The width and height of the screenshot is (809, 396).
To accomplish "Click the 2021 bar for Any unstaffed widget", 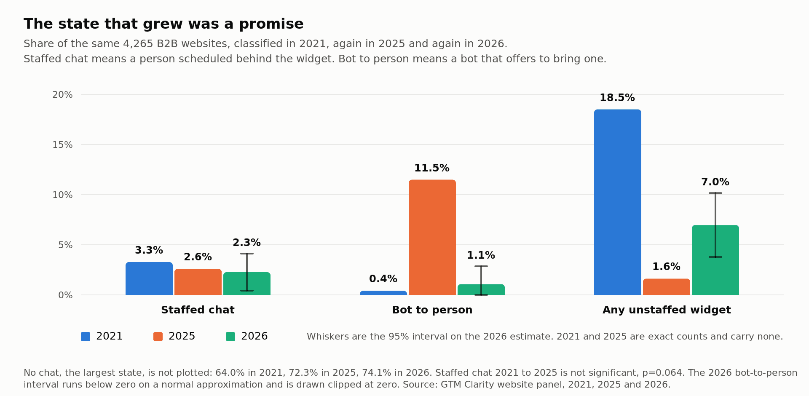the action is tap(618, 202).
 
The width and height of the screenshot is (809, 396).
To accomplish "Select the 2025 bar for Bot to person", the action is tap(432, 237).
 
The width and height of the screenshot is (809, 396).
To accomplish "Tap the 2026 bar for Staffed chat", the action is tap(247, 284).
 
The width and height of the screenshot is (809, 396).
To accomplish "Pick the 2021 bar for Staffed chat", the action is tap(149, 278).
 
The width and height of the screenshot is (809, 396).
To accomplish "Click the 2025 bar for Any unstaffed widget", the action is tap(667, 287).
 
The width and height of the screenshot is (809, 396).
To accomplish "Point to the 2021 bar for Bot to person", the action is tap(383, 293).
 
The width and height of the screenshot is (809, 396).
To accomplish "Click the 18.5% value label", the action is tap(617, 98).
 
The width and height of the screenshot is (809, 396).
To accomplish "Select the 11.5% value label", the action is tap(432, 168).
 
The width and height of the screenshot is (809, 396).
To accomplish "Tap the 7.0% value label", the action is tap(715, 182).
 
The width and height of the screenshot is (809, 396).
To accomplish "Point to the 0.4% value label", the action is tap(383, 279).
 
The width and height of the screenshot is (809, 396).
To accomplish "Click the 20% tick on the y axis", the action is tap(62, 95).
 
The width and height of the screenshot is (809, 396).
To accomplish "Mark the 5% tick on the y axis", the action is tap(65, 245).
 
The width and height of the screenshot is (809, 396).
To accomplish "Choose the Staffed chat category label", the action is tap(198, 310).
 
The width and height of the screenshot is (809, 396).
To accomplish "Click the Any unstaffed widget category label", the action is tap(667, 310).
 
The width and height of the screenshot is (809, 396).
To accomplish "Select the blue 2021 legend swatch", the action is tap(86, 337).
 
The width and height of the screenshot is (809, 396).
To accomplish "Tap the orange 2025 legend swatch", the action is tap(158, 337).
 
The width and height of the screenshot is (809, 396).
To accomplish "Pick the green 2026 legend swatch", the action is tap(230, 337).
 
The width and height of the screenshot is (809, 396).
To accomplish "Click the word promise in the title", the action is tap(271, 24).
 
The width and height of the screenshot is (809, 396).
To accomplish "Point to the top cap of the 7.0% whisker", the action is tap(715, 193).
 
